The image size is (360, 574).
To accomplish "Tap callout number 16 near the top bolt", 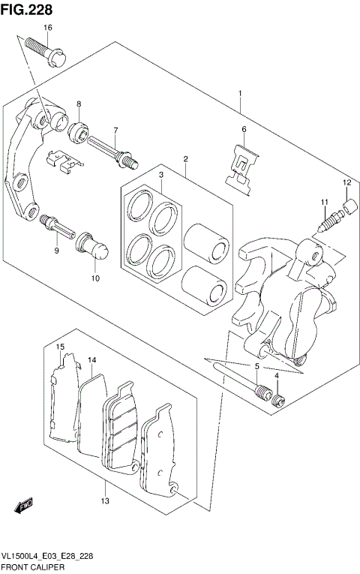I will click(47, 28).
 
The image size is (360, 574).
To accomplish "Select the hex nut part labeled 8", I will click(77, 130).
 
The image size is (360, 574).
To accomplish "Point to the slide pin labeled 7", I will click(112, 150).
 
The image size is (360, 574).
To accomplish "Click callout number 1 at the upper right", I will click(239, 94).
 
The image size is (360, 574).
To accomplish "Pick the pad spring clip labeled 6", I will click(243, 170).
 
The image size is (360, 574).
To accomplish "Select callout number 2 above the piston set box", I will click(184, 158).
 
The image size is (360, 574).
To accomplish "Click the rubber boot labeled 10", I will click(95, 248).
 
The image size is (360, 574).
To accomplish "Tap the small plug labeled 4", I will click(277, 398).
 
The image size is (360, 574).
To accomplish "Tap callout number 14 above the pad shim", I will click(92, 361).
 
